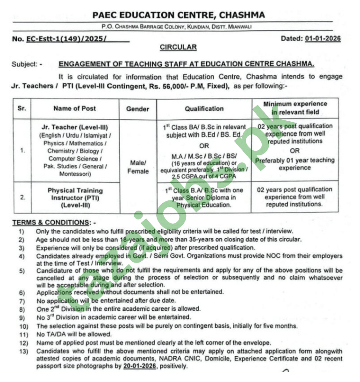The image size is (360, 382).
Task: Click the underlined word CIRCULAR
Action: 178,47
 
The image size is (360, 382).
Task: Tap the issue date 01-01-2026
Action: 323,38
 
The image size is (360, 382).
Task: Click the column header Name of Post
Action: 74,109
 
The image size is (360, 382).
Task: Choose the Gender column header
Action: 137,109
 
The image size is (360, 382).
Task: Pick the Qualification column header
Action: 204,109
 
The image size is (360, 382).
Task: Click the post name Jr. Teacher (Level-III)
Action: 74,127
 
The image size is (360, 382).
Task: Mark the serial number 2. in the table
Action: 22,198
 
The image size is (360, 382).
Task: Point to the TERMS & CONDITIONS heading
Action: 53,222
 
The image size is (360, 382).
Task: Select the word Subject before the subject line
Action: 24,64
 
